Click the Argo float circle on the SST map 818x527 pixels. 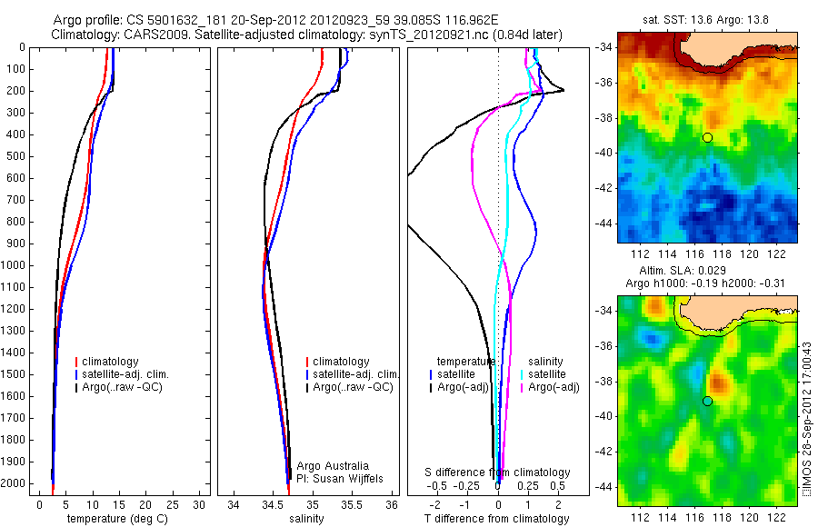tap(706, 137)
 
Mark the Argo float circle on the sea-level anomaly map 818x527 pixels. tap(706, 401)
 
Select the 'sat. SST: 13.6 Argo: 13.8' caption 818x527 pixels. tap(706, 20)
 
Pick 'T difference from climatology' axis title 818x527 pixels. tap(498, 519)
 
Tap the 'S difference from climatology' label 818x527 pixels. tap(498, 472)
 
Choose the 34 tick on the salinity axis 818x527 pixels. tap(234, 503)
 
